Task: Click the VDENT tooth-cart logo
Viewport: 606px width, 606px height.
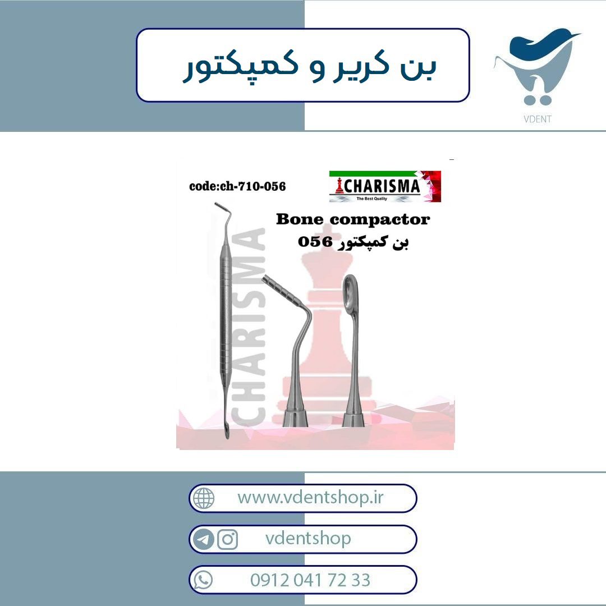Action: [x=537, y=68]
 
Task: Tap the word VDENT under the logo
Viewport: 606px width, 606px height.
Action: [x=538, y=119]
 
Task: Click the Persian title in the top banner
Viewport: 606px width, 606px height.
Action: [x=309, y=66]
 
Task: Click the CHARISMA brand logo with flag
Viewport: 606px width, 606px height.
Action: [x=385, y=186]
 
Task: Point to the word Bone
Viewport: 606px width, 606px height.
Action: [x=300, y=219]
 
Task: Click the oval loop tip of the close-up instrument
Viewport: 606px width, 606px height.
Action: [x=350, y=293]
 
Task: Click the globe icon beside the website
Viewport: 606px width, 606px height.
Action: [x=204, y=498]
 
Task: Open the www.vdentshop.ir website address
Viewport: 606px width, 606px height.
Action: [x=310, y=497]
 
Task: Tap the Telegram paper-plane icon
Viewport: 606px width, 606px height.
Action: [x=204, y=539]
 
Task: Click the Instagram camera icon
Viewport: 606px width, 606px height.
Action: [x=228, y=539]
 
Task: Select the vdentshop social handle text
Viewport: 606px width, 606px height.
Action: [x=308, y=538]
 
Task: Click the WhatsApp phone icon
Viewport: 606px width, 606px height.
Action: [x=203, y=580]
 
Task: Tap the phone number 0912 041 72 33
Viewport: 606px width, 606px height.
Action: [x=310, y=580]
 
